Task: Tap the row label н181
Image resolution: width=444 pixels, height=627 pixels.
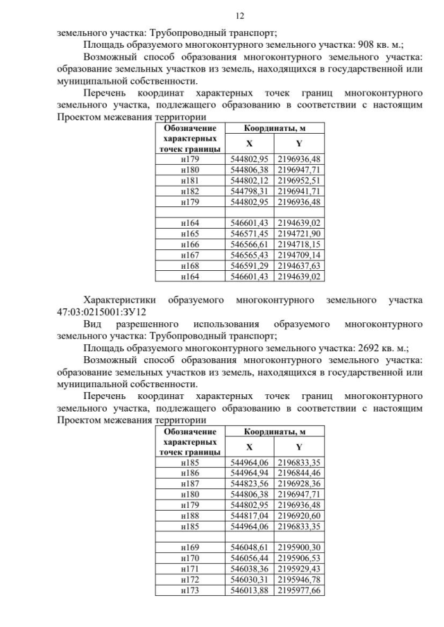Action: [x=189, y=181]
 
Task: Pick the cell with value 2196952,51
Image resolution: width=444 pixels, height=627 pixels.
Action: [x=300, y=181]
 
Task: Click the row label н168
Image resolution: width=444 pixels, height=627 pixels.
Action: [x=189, y=266]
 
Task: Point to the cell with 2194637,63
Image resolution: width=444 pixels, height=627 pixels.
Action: [x=300, y=266]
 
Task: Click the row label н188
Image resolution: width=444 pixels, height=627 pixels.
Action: [x=189, y=515]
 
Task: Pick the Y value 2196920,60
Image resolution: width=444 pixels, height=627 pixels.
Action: [x=300, y=515]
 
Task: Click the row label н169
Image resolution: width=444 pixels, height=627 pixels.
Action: [x=189, y=547]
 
